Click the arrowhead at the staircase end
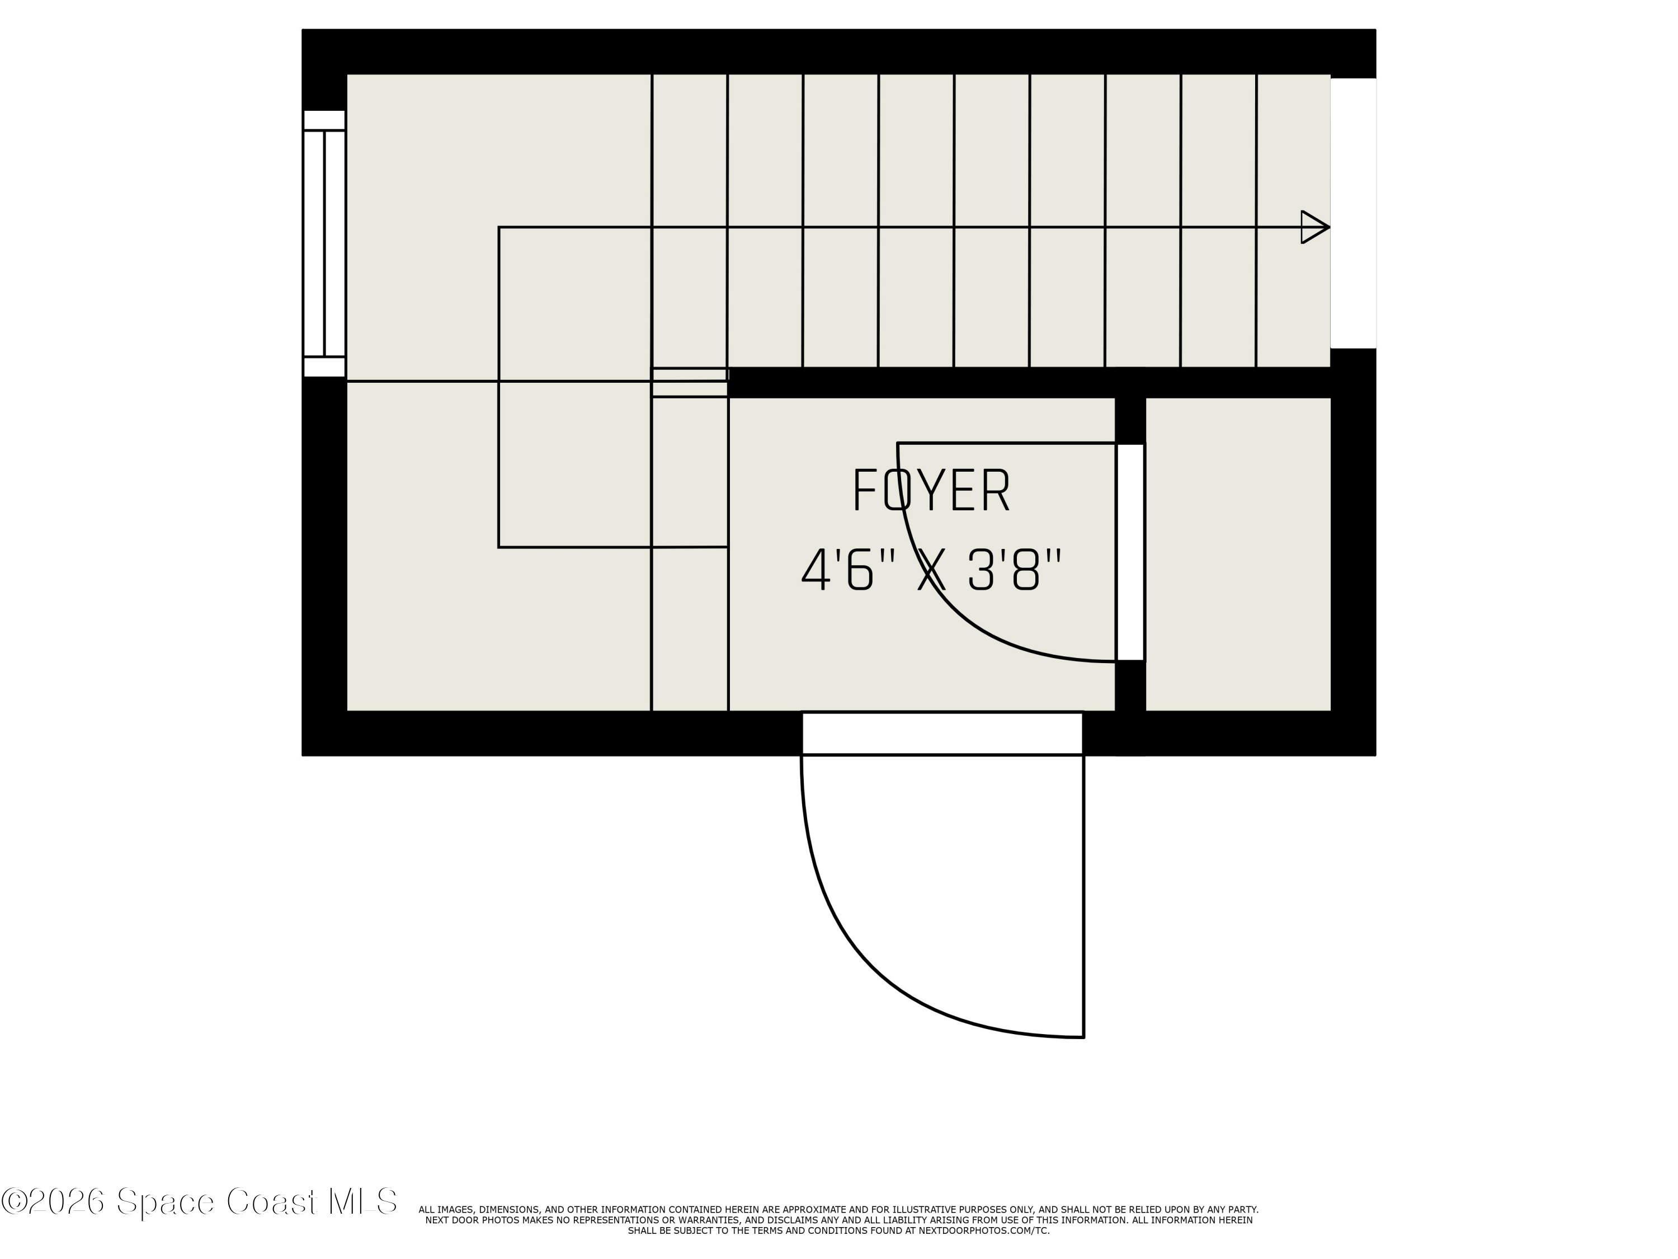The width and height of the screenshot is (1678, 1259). (1314, 227)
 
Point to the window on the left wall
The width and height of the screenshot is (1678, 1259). (324, 243)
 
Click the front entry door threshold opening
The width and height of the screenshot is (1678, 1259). (942, 733)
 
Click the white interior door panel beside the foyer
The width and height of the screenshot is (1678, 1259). (1130, 552)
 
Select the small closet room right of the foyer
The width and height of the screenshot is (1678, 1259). (1238, 554)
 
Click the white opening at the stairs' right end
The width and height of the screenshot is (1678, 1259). (1354, 213)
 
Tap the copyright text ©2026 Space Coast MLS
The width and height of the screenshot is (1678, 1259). (199, 1202)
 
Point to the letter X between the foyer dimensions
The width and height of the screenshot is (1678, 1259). (931, 571)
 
